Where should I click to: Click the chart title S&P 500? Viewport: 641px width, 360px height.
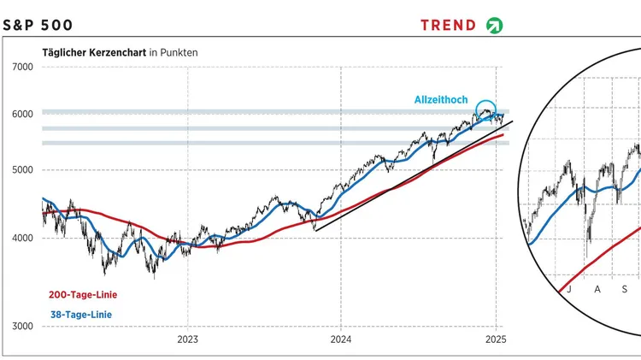click(38, 25)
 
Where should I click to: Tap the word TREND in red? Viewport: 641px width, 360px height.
click(448, 25)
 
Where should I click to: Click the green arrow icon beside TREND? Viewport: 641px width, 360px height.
click(495, 25)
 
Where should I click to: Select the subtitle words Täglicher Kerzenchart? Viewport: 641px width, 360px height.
click(94, 52)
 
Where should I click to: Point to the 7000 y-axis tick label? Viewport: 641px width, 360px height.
click(21, 67)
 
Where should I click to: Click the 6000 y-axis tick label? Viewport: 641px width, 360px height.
click(21, 114)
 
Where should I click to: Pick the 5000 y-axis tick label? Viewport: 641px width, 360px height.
click(21, 170)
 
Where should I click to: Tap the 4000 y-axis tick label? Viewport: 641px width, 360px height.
click(21, 239)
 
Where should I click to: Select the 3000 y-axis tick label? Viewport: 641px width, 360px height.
click(21, 327)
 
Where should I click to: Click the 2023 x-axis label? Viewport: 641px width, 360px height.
click(188, 339)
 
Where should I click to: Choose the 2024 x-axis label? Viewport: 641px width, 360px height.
click(340, 339)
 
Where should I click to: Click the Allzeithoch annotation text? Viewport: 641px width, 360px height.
click(441, 100)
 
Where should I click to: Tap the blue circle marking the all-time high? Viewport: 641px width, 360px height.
click(486, 109)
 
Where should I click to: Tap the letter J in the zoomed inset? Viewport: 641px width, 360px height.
click(567, 289)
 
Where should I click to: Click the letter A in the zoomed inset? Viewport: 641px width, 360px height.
click(597, 289)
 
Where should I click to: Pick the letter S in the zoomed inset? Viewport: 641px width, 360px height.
click(625, 289)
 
